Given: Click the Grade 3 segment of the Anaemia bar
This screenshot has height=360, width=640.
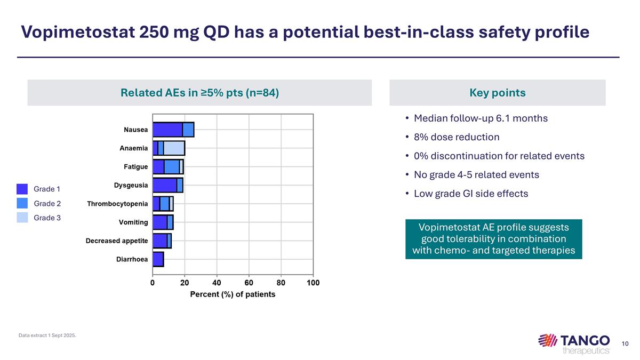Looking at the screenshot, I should [174, 148].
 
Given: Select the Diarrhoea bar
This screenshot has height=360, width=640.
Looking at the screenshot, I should [158, 259].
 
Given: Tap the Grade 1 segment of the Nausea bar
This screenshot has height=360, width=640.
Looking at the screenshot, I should [167, 130].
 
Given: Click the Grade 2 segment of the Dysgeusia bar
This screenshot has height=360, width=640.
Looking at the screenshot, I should [180, 185].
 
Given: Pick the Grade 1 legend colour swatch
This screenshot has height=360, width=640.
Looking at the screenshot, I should [22, 189].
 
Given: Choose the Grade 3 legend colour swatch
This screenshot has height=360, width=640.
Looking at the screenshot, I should [22, 217].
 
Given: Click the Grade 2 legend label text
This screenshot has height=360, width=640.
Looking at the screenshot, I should [47, 203].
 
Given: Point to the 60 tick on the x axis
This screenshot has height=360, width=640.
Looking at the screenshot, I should [249, 283].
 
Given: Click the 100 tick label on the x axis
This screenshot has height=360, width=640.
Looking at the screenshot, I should [313, 283].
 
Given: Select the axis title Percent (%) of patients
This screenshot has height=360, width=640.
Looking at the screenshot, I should [233, 294].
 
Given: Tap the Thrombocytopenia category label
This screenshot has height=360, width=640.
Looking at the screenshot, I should [117, 204].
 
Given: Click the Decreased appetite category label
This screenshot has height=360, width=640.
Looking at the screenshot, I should [117, 241].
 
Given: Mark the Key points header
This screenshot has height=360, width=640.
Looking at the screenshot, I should [497, 93].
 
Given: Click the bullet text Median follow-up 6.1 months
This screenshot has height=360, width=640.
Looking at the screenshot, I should [481, 118].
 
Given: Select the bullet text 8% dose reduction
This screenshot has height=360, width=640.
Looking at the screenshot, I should [457, 137].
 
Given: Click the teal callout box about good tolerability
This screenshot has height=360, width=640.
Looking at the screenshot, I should [493, 238].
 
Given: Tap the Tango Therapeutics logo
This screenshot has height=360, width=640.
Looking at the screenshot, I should [574, 343].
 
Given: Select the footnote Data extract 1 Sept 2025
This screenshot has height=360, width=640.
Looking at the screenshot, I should [47, 335].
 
